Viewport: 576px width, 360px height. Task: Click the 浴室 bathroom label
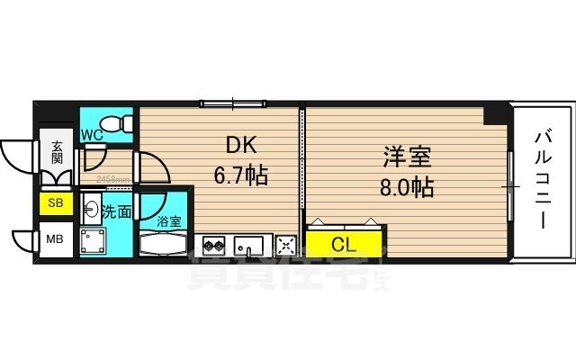(169, 220)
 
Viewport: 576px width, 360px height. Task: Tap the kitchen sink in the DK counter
(249, 244)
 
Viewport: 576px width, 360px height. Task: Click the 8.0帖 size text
(405, 189)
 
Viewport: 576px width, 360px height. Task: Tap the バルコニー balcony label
(543, 180)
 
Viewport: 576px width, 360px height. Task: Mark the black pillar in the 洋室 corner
(495, 114)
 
